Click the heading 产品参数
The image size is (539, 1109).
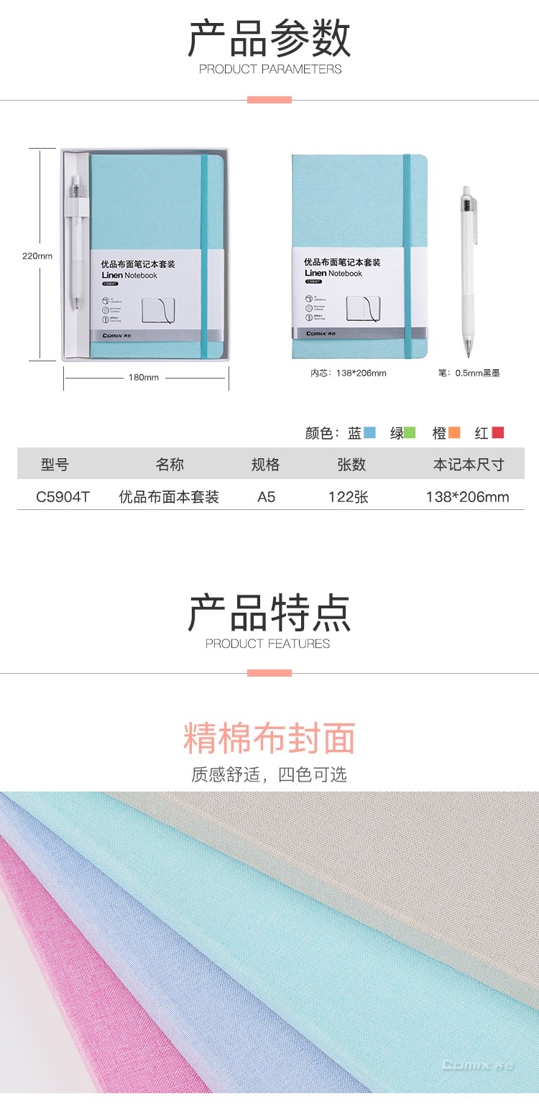point(269,39)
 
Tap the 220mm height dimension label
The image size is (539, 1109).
point(37,256)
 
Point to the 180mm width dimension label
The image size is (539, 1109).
point(144,378)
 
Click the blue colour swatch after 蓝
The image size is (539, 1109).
point(370,432)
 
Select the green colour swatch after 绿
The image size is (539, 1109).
point(410,432)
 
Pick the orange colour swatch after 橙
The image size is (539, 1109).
point(454,432)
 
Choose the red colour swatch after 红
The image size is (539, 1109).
point(497,432)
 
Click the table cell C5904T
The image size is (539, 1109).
point(63,497)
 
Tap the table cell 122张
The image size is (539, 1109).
point(349,497)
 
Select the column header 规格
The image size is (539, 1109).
point(265,465)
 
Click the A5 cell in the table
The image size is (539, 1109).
point(267,497)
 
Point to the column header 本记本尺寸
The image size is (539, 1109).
point(468,465)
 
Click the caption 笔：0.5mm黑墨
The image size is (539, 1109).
point(469,373)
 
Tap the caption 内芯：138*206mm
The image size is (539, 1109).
point(349,373)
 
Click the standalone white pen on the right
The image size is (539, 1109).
point(467,273)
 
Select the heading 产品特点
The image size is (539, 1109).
point(269,613)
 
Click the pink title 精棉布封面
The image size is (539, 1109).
point(269,738)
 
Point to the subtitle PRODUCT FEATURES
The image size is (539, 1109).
point(268,644)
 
